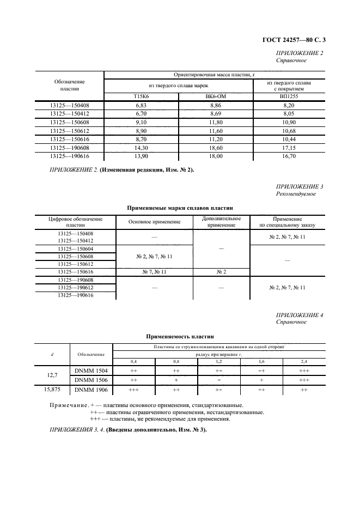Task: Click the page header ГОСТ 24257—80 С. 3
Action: [x=294, y=39]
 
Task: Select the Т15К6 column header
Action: [x=141, y=96]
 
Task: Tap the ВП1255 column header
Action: [x=289, y=96]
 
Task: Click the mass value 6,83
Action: [x=141, y=105]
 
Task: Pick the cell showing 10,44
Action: [x=289, y=139]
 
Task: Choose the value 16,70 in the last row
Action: [x=289, y=156]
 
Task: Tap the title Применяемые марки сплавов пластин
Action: [x=180, y=208]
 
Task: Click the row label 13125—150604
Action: [x=76, y=248]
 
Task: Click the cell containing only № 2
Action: [x=221, y=271]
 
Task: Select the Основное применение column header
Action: [x=154, y=222]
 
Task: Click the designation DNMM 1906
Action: [x=91, y=390]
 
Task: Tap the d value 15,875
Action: [x=52, y=390]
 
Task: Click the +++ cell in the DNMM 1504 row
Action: [x=304, y=370]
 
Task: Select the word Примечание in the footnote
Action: [x=68, y=405]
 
